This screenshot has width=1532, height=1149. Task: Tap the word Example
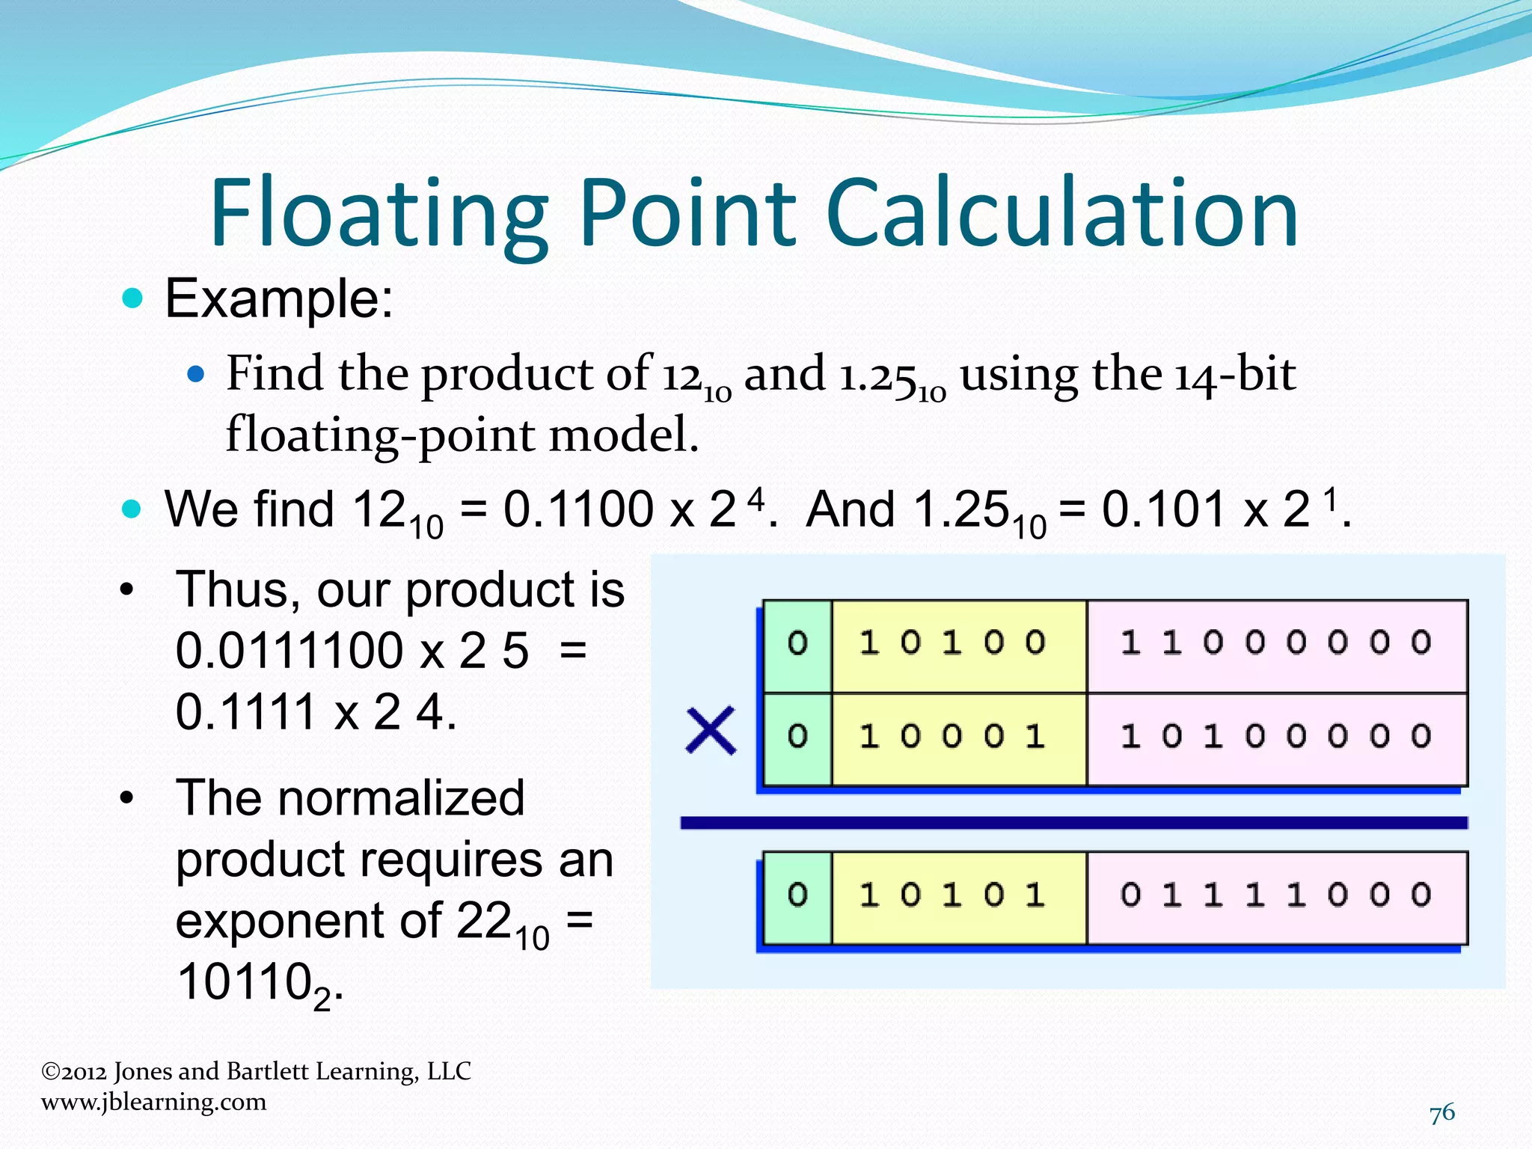(x=278, y=298)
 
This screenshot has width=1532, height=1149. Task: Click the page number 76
(x=1441, y=1113)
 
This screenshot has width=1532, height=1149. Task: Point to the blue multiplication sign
(x=710, y=731)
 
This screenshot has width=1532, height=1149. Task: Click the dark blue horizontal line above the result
(x=1073, y=823)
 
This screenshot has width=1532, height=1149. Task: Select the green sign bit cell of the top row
(x=797, y=646)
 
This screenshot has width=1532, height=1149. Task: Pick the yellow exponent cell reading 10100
(x=958, y=646)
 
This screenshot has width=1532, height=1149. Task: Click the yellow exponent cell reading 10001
(x=958, y=738)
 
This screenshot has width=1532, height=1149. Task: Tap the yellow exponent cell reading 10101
(x=958, y=897)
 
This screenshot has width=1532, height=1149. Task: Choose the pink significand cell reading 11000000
(x=1276, y=646)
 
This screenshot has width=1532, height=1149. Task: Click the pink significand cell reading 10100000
(x=1276, y=738)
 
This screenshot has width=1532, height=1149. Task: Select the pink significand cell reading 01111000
(x=1276, y=897)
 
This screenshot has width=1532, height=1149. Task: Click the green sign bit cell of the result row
(x=797, y=897)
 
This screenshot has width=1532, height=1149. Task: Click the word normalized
(x=350, y=798)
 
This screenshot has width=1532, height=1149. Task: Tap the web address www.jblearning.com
(x=153, y=1102)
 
